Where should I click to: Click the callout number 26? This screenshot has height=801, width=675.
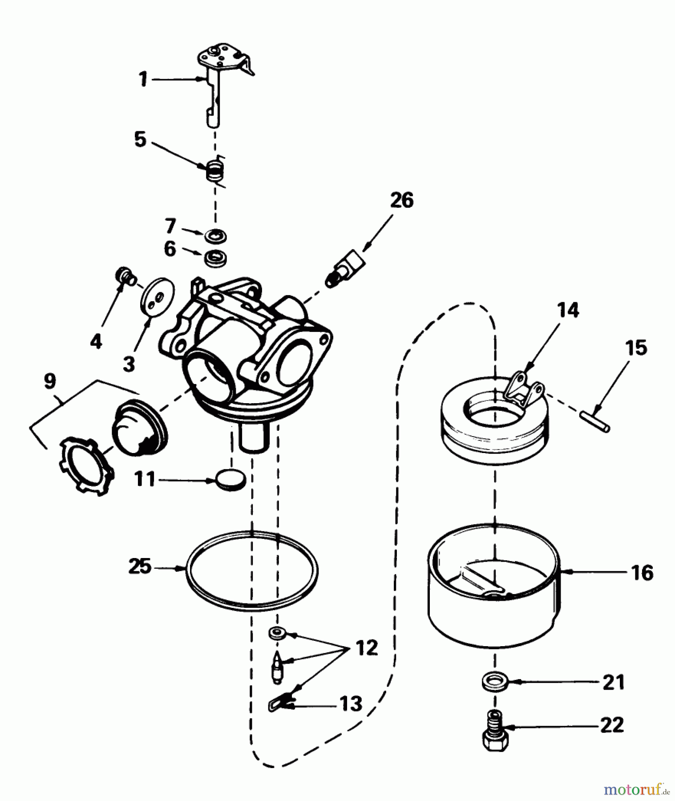[402, 200]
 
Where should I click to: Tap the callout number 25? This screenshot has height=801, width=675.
[140, 567]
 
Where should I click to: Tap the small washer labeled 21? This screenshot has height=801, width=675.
[495, 682]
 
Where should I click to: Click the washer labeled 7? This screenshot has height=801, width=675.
[216, 235]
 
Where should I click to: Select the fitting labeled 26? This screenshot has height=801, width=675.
[347, 269]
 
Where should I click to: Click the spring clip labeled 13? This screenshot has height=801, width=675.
[280, 704]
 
